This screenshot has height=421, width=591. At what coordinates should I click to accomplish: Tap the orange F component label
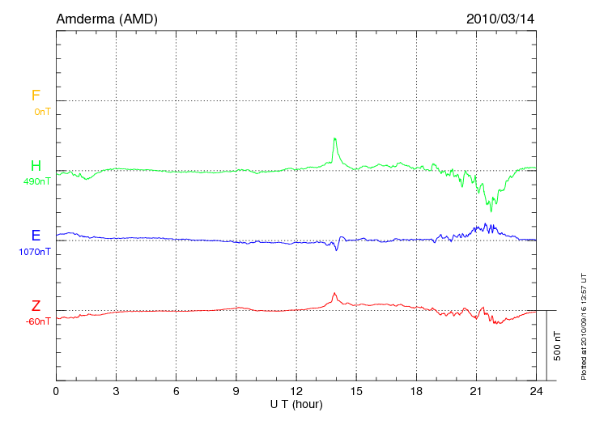pos(36,96)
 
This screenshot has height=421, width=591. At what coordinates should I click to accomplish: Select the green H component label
pos(36,166)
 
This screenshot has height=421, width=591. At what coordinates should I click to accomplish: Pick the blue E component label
pos(36,236)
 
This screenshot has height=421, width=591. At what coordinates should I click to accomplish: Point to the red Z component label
pos(36,306)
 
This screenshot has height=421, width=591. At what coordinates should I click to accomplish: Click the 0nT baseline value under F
pos(41,112)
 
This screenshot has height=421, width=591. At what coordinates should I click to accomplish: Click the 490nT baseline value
pos(37,181)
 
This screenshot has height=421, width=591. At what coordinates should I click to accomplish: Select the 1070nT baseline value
pos(35,252)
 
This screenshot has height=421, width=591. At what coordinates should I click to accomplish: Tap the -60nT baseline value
pos(37,321)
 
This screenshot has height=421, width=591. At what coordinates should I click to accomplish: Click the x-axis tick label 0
pos(56,391)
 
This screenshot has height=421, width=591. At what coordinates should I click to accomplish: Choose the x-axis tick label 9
pos(236,391)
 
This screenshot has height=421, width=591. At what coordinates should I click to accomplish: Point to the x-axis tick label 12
pos(295,391)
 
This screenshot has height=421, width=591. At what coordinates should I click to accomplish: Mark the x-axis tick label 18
pos(415,391)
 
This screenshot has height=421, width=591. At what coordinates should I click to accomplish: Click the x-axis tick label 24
pos(535,391)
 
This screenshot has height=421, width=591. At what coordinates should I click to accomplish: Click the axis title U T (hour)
pos(295,403)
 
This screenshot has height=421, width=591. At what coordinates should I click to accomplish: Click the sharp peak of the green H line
pos(334,138)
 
